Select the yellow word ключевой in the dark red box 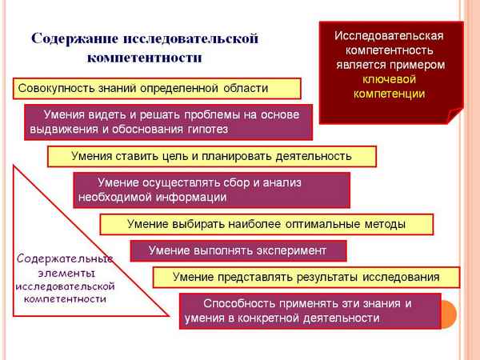[389, 79]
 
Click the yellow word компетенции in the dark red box [389, 94]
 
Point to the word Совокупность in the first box [56, 88]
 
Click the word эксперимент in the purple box [290, 251]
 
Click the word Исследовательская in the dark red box [389, 36]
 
